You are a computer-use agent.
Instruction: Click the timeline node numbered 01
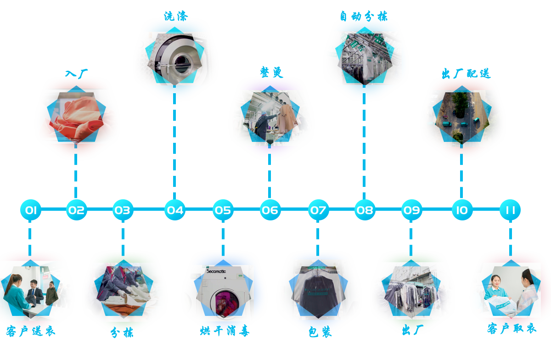click(x=31, y=210)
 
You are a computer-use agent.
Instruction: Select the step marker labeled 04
click(x=175, y=210)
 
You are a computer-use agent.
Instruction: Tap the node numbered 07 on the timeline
click(x=318, y=210)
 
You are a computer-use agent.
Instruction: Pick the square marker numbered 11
click(x=510, y=210)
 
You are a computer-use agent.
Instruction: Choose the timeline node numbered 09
click(x=412, y=210)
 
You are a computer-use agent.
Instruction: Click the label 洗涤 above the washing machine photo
click(x=175, y=16)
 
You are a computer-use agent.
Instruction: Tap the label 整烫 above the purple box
click(x=271, y=73)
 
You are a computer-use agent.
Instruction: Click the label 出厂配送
click(x=466, y=73)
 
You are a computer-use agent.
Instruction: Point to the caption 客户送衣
click(x=31, y=331)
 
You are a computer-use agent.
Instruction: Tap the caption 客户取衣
click(x=511, y=329)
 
